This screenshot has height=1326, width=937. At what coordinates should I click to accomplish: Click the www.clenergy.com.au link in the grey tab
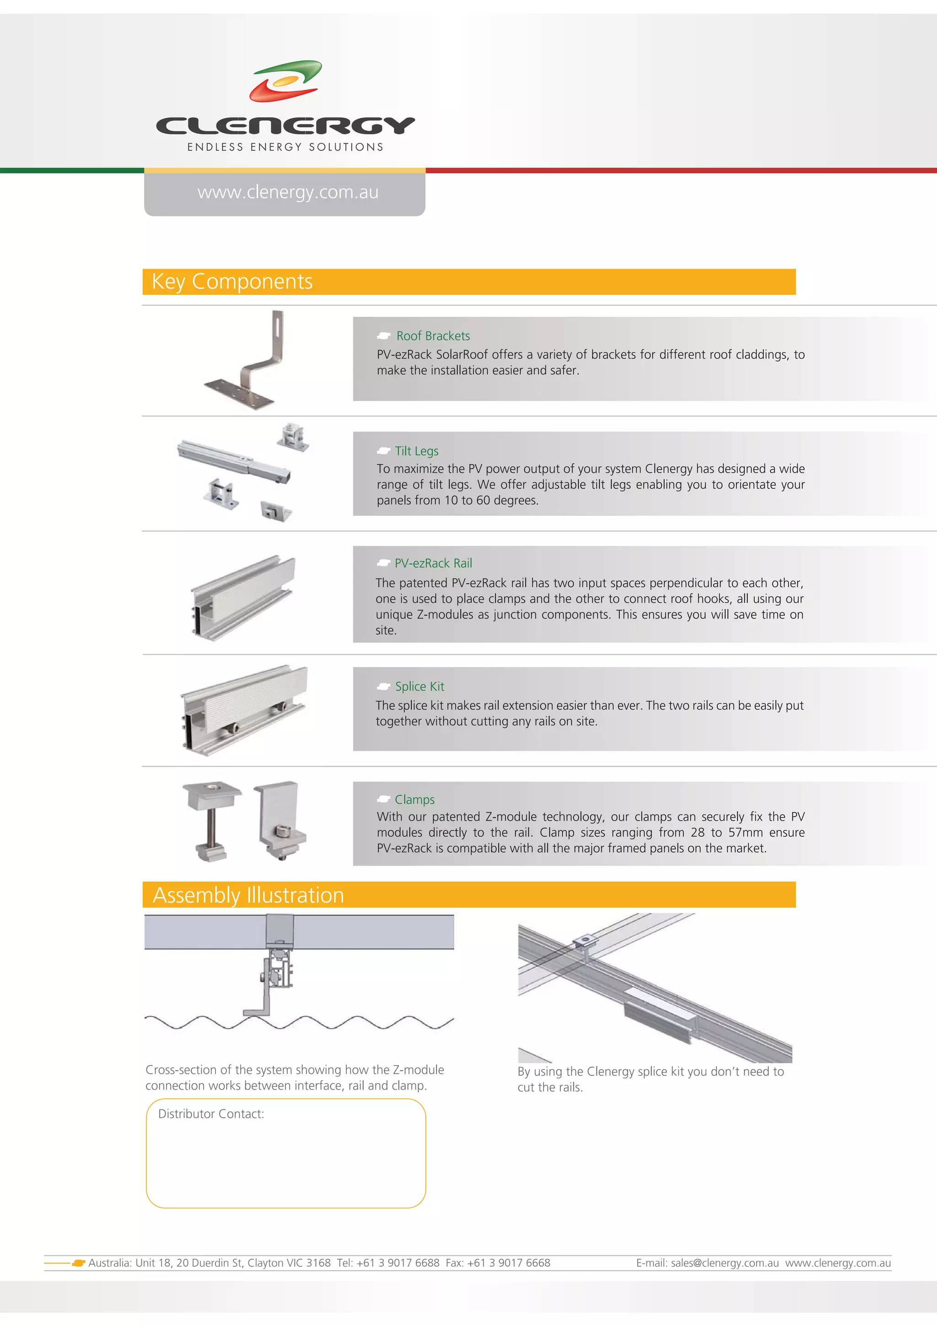click(287, 192)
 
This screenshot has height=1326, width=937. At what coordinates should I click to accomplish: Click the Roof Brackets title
click(433, 336)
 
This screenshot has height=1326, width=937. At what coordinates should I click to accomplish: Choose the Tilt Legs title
click(416, 451)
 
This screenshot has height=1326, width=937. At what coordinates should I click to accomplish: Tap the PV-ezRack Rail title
click(433, 563)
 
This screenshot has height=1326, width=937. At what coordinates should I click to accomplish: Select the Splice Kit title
click(419, 687)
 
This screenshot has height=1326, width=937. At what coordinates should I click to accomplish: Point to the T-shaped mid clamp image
click(212, 820)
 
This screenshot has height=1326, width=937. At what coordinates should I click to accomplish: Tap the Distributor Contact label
click(211, 1114)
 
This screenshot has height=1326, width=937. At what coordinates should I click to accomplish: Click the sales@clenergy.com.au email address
click(724, 1263)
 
